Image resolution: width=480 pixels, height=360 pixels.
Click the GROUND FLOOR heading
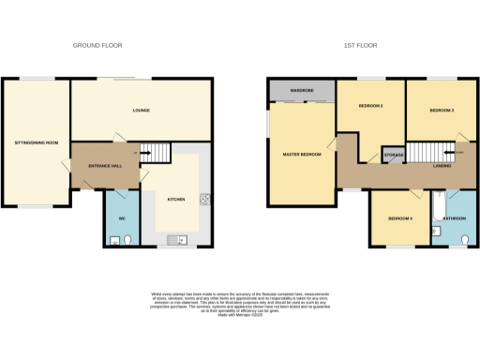coord(97,45)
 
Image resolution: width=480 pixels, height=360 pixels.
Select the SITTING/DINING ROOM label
coord(37,142)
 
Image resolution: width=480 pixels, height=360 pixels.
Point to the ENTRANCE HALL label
coord(105,166)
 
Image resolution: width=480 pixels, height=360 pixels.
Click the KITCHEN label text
coord(176,200)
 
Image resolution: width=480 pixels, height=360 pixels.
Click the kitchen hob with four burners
coord(203,199)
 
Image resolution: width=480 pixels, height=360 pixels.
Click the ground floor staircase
coord(160,152)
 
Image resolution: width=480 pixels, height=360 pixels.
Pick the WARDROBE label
coord(301,91)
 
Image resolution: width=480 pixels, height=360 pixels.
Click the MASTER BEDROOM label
coord(301,154)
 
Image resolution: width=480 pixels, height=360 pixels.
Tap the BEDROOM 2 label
coord(371,106)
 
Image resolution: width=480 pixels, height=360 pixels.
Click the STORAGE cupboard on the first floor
coord(394,155)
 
